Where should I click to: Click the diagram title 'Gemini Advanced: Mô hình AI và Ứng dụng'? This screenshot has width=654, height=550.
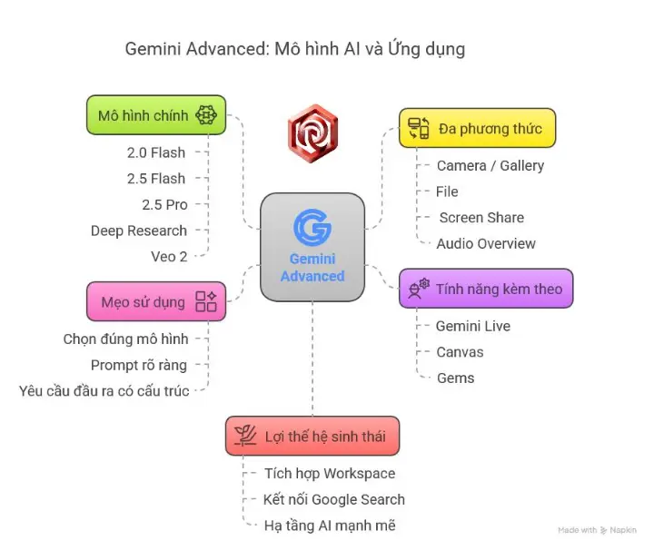click(x=294, y=49)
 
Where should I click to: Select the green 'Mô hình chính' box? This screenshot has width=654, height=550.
click(x=156, y=115)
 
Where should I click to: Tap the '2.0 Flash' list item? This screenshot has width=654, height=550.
click(x=156, y=152)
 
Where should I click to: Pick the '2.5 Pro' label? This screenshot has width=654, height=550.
click(x=164, y=204)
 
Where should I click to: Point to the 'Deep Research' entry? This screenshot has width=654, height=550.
click(x=138, y=231)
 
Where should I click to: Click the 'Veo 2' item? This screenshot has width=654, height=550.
click(x=169, y=256)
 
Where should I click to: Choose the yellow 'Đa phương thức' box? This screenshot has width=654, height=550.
click(x=477, y=128)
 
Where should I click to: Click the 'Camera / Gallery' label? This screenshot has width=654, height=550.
click(x=490, y=165)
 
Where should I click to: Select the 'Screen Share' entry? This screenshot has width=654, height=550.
click(x=481, y=218)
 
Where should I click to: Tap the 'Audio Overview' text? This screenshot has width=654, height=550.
click(x=486, y=243)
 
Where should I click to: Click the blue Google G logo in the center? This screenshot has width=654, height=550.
click(x=312, y=227)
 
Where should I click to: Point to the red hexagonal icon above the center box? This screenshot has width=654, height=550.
click(x=312, y=133)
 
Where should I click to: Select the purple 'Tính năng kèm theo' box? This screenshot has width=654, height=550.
click(x=486, y=289)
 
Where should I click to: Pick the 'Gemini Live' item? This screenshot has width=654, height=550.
click(x=473, y=326)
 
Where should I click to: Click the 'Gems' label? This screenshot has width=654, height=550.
click(x=455, y=378)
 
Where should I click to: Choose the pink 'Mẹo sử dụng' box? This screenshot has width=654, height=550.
click(x=156, y=301)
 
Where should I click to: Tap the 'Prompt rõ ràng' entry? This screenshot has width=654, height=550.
click(x=139, y=365)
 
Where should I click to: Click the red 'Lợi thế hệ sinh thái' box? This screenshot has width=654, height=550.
click(x=312, y=436)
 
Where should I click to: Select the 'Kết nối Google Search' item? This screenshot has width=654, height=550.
click(x=333, y=499)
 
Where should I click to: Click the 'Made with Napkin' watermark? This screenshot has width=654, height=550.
click(x=596, y=529)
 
